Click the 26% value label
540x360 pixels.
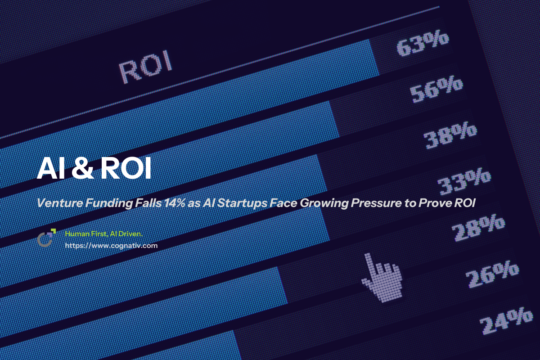pos(492,273)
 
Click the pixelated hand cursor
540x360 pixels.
pos(381,275)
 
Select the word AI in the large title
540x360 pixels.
pos(50,169)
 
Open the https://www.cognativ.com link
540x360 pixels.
pos(111,246)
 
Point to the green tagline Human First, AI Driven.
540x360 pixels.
pos(103,234)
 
